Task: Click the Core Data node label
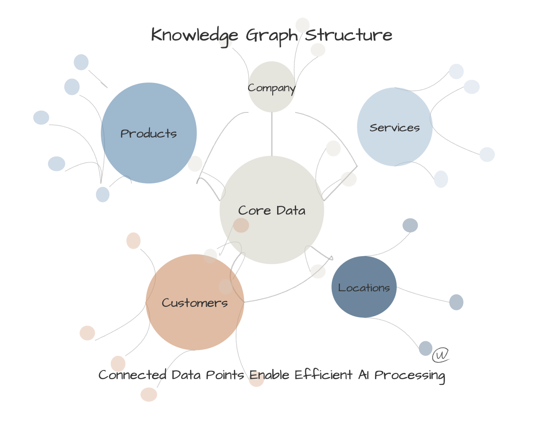[272, 210]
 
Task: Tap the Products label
[149, 133]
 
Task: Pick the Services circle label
[395, 127]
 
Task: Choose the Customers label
[195, 303]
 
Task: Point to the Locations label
[364, 288]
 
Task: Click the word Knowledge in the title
[195, 35]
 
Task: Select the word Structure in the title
[349, 35]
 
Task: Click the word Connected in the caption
[132, 375]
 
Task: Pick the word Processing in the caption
[410, 375]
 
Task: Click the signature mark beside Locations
[441, 355]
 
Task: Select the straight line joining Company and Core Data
[272, 134]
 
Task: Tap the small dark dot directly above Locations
[410, 225]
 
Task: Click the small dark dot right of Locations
[456, 302]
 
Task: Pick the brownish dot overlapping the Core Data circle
[241, 225]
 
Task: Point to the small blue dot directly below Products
[103, 194]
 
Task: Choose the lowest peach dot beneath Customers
[149, 395]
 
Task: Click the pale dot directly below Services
[441, 179]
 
